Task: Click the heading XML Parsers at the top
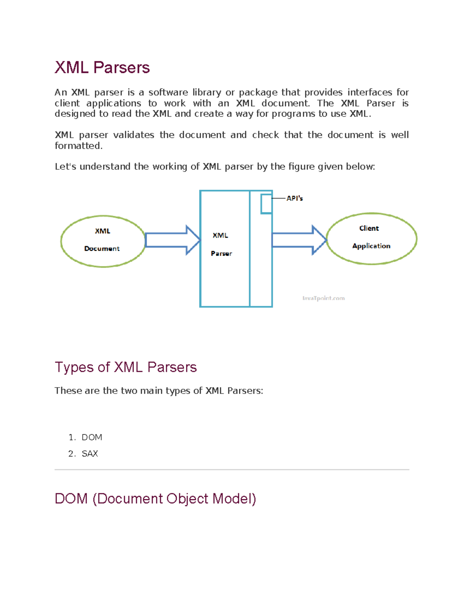(102, 68)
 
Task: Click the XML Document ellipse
(103, 241)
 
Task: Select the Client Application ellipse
(371, 238)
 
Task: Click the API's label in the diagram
(295, 198)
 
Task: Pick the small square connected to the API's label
(266, 204)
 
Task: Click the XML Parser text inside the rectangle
(221, 244)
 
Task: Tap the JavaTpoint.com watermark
(323, 298)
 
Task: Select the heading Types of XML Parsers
(126, 367)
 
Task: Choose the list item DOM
(92, 437)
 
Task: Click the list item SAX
(90, 454)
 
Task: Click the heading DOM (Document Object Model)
(155, 499)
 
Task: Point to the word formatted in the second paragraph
(78, 146)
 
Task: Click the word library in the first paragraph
(207, 92)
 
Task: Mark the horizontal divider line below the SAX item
(232, 470)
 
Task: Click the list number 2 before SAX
(71, 454)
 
